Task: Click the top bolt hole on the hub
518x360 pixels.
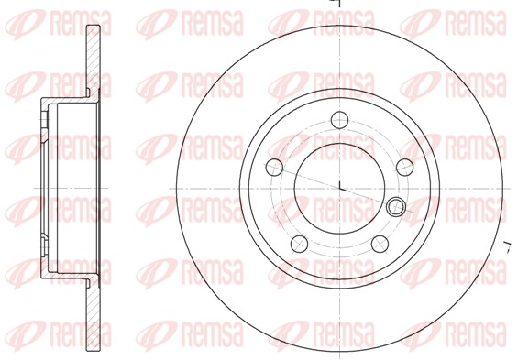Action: pos(340,120)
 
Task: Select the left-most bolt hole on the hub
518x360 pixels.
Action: pos(274,168)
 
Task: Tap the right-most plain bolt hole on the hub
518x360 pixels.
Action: pos(404,167)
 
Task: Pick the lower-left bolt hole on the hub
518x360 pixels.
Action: pos(299,244)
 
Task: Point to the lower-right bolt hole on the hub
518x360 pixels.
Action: pos(380,244)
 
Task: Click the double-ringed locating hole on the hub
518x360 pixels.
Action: pos(396,207)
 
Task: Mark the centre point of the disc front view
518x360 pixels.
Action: pos(340,189)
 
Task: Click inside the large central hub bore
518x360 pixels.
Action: pos(340,189)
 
